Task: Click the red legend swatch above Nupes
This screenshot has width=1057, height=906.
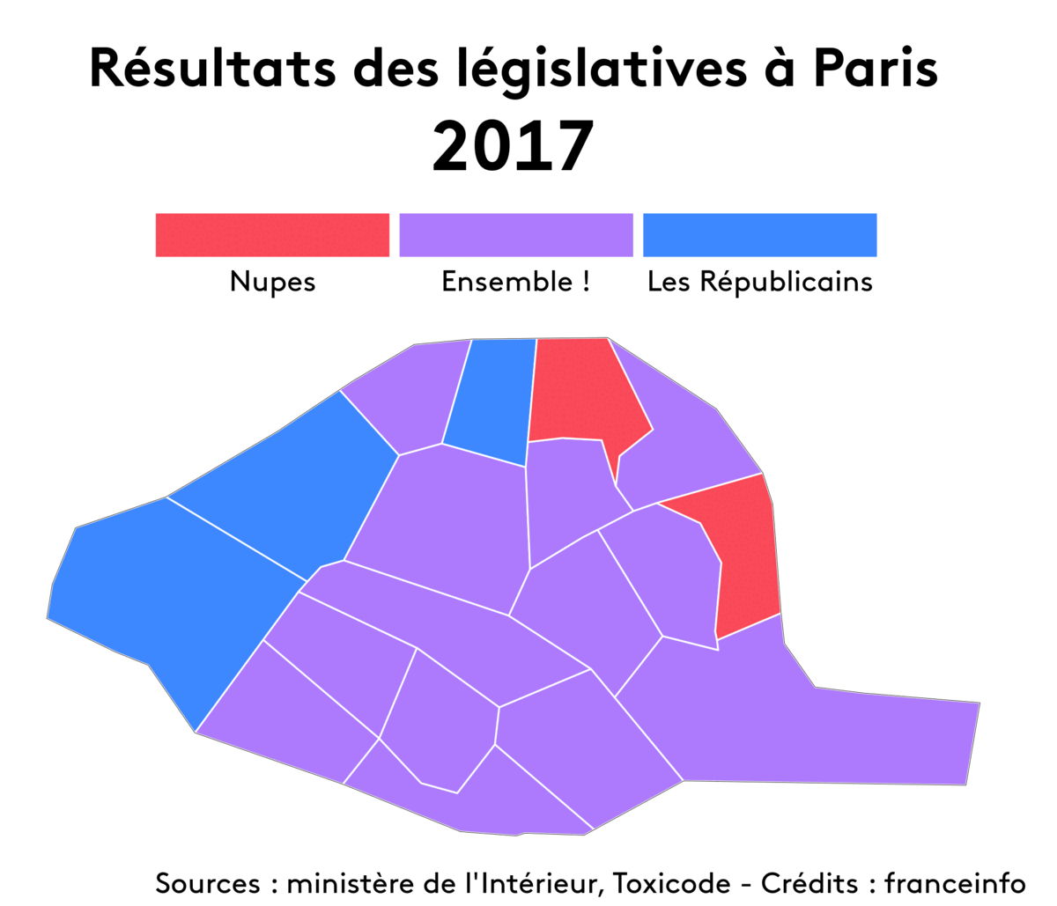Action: pos(272,235)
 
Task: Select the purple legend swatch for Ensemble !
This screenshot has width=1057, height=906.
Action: pos(516,235)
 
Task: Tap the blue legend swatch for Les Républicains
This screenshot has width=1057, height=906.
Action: pos(759,235)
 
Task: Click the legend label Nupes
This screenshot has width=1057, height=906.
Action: pos(272,282)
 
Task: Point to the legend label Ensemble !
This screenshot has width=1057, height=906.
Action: pos(515,282)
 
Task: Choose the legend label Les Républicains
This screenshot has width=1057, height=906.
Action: pos(759,282)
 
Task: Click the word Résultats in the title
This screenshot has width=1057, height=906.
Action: pos(212,69)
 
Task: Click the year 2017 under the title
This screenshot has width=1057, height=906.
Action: pos(513,147)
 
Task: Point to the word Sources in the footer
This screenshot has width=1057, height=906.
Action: pos(208,882)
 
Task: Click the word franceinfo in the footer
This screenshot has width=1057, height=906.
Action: pos(955,882)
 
